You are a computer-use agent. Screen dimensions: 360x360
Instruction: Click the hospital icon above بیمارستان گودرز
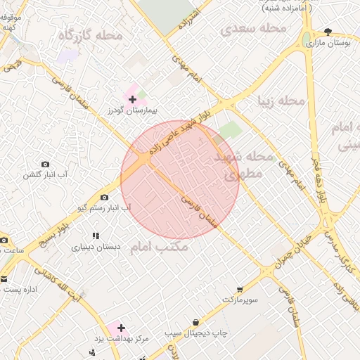pos(132,99)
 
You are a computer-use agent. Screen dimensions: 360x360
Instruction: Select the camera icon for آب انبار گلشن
pos(46,164)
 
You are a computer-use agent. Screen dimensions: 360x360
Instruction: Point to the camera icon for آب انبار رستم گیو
pos(105,198)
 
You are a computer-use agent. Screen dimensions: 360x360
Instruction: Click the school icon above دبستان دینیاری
pos(96,236)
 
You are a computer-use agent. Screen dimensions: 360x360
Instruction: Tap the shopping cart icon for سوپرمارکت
pos(240,289)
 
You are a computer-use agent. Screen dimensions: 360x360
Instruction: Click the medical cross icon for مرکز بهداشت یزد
pos(121,328)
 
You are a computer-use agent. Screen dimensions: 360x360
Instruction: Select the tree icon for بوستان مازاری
pos(328,32)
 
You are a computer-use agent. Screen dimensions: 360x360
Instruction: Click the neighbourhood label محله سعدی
pos(254,28)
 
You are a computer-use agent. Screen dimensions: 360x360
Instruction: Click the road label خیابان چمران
pos(285,262)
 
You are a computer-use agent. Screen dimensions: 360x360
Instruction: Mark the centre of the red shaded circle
pos(180,179)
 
